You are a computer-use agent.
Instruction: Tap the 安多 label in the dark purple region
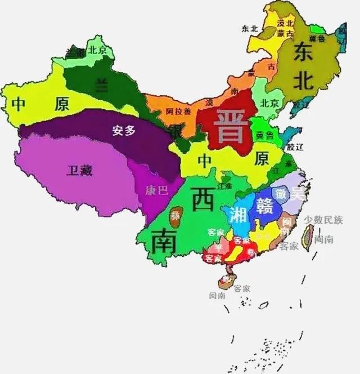point(124,131)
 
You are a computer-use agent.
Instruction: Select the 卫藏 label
point(79,170)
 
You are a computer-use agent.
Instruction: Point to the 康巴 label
point(156,190)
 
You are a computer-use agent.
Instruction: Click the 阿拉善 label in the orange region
point(177,111)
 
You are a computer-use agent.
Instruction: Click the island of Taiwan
point(307,236)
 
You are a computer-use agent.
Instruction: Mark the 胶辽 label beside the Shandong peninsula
point(294,146)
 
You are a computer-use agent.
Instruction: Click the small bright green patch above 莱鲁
point(317,28)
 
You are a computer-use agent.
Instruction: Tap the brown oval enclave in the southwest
point(176,215)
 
